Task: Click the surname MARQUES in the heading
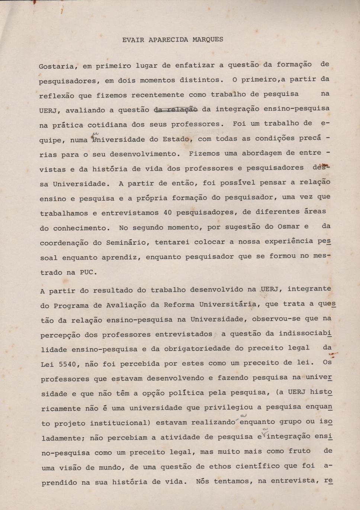click(x=208, y=39)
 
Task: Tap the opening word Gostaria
click(x=56, y=67)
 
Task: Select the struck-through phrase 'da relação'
click(x=176, y=109)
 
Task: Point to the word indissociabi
click(x=305, y=333)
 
